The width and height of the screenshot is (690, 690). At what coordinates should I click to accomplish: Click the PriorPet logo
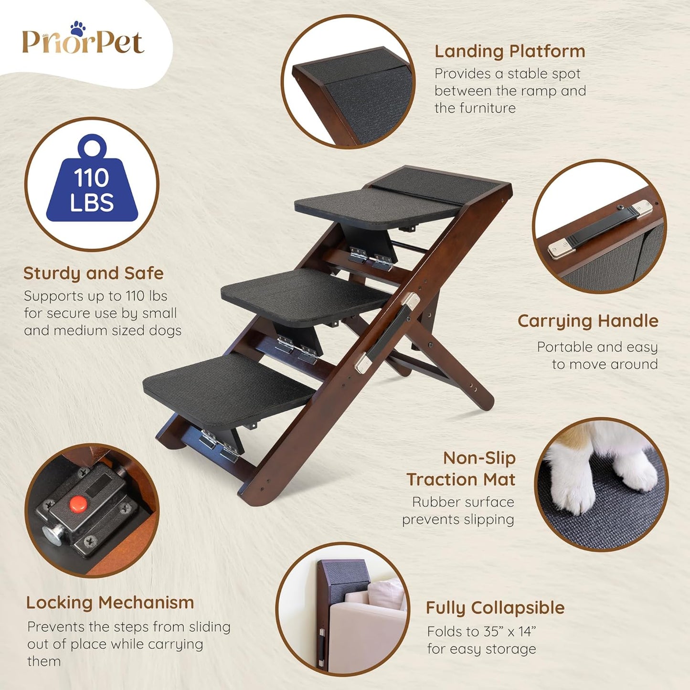(83, 42)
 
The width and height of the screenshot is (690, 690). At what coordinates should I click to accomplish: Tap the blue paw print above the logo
(77, 28)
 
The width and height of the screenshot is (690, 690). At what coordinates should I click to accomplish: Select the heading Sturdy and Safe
(94, 273)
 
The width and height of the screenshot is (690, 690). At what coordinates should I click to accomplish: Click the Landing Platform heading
(510, 51)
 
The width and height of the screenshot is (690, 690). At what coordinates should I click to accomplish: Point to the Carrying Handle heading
(588, 321)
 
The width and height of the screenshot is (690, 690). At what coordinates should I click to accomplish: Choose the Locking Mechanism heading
(110, 603)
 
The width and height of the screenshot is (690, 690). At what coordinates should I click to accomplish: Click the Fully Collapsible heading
(495, 608)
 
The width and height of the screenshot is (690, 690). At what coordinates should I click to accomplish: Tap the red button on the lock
(78, 503)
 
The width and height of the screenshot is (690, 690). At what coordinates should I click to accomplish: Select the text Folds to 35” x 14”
(481, 632)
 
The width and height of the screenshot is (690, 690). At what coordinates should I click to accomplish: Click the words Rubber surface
(463, 502)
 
